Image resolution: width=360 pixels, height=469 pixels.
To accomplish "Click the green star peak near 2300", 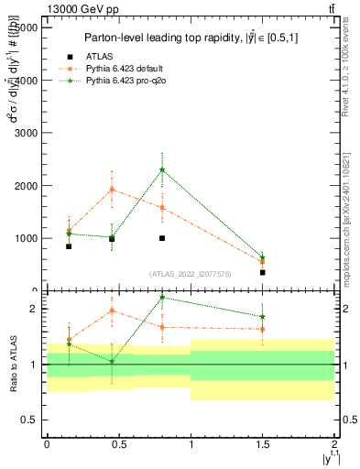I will click(x=162, y=169).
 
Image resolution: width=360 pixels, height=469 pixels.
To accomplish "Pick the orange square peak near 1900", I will click(x=112, y=190).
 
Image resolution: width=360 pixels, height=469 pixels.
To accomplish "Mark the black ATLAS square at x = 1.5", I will click(x=262, y=272).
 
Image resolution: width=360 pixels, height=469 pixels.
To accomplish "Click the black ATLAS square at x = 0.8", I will click(x=162, y=238).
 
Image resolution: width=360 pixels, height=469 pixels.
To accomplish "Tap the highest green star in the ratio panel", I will click(x=162, y=297).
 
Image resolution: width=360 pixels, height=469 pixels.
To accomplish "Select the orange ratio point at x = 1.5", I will click(x=262, y=329).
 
